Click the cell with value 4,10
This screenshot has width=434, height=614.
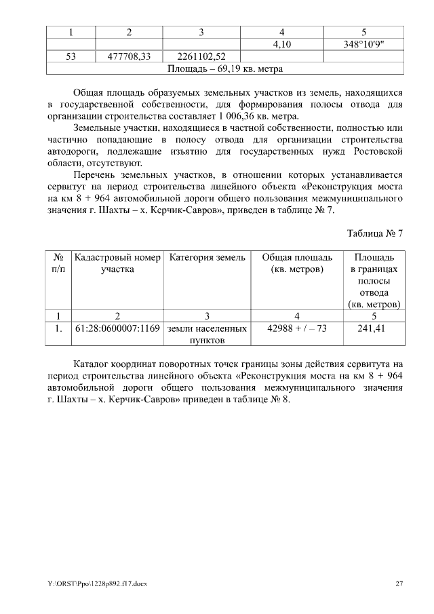[x=281, y=44]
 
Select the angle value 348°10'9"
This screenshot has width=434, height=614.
[x=364, y=44]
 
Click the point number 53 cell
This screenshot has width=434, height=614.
[x=71, y=57]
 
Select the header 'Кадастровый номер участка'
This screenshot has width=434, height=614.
[x=117, y=263]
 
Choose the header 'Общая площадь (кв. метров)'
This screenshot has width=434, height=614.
[x=297, y=263]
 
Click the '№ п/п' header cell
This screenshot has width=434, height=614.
[x=59, y=263]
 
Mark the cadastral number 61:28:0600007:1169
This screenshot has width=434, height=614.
[x=117, y=328]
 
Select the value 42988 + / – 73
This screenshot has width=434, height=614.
[x=297, y=328]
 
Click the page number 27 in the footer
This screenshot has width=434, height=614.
[x=399, y=584]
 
